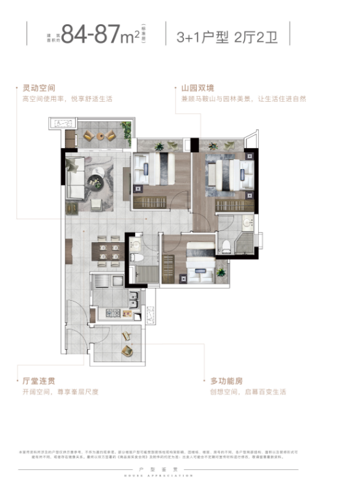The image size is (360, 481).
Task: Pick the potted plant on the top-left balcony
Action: (x=127, y=134)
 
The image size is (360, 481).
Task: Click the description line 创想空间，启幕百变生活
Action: (x=247, y=392)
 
